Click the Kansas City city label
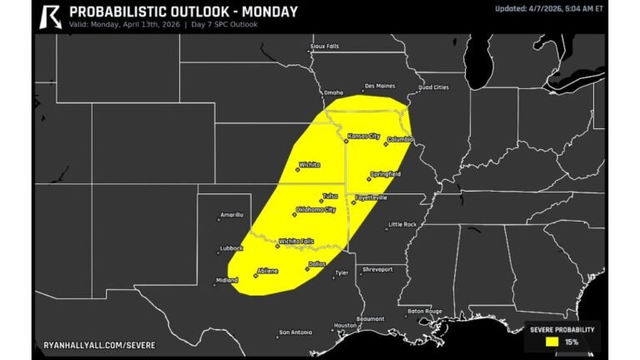click(x=363, y=136)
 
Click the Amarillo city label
click(x=231, y=214)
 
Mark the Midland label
click(x=227, y=280)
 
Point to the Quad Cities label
click(x=433, y=87)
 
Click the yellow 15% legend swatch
click(x=552, y=341)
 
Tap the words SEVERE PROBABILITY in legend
click(x=563, y=329)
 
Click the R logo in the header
click(x=51, y=16)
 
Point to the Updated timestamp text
click(x=548, y=8)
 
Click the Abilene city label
click(x=268, y=271)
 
